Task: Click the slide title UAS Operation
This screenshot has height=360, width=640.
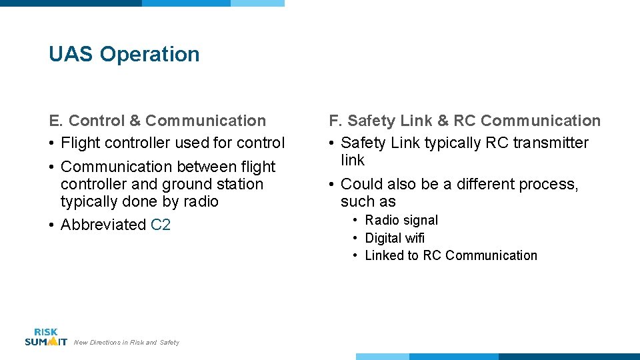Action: coord(124,54)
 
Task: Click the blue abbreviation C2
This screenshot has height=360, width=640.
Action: coord(161,225)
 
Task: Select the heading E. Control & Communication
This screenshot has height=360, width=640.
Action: coord(157,121)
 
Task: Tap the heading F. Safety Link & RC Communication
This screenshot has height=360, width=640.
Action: coord(465,121)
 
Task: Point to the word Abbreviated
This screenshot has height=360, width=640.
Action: coord(103,225)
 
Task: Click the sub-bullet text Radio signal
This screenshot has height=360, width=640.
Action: coord(401,220)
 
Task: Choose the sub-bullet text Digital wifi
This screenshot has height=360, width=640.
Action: coord(395,238)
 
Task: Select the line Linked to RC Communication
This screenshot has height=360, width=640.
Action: coord(451,255)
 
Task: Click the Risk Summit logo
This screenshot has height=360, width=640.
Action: coord(45,337)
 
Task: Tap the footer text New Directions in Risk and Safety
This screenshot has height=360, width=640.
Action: coord(127,343)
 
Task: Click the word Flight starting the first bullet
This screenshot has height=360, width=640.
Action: coord(82,143)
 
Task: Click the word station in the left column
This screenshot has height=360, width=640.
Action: coord(241,184)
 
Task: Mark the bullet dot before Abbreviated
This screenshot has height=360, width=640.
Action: coord(51,225)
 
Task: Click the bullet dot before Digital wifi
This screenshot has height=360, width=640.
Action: coord(357,238)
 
